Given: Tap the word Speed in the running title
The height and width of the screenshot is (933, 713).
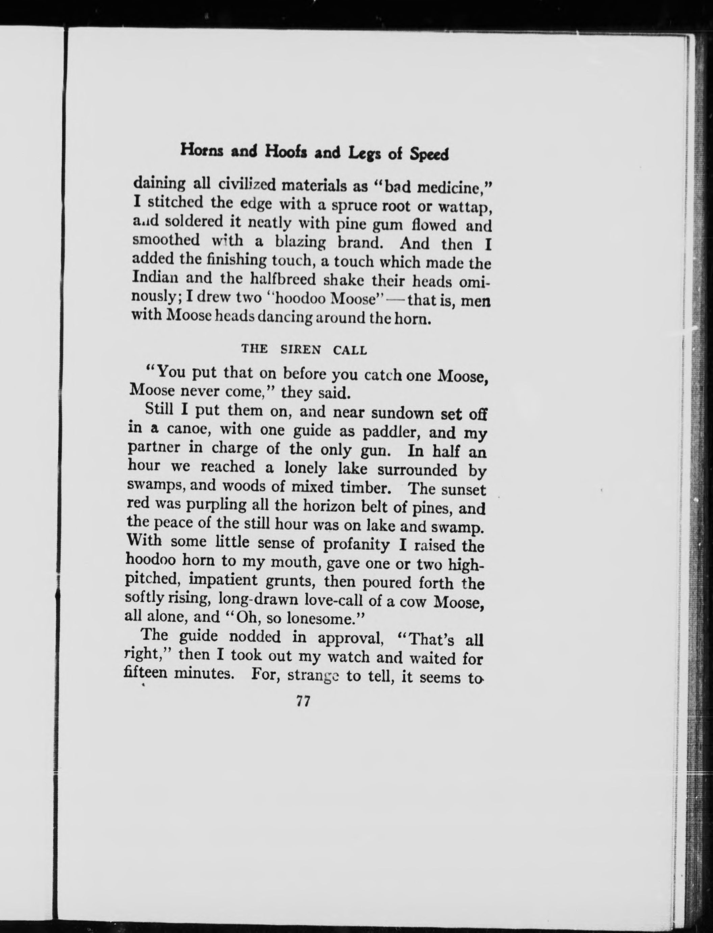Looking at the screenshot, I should point(429,155).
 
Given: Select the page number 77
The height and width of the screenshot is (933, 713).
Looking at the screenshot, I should point(303,701).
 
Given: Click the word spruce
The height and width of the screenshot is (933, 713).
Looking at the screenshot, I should point(352,206).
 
